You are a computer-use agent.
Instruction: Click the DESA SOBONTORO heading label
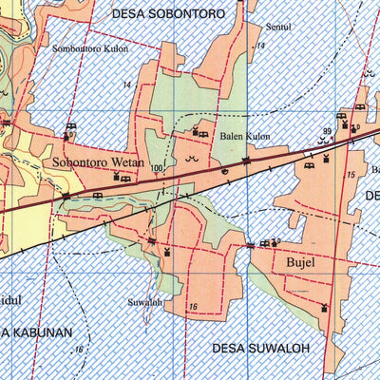pyautogui.click(x=166, y=14)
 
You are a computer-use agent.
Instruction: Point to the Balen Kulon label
pyautogui.click(x=245, y=137)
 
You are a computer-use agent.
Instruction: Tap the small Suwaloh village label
pyautogui.click(x=145, y=303)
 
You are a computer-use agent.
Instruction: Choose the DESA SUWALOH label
pyautogui.click(x=261, y=348)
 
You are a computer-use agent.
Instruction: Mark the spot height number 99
pyautogui.click(x=328, y=131)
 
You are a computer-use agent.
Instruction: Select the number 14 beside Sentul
pyautogui.click(x=259, y=46)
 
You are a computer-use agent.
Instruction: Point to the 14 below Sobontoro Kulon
pyautogui.click(x=126, y=85)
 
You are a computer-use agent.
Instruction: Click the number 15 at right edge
pyautogui.click(x=351, y=177)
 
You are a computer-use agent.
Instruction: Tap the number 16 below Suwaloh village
pyautogui.click(x=192, y=307)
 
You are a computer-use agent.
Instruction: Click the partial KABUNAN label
pyautogui.click(x=36, y=332)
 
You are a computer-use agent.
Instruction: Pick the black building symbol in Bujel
pyautogui.click(x=326, y=308)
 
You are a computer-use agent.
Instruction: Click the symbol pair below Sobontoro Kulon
pyautogui.click(x=69, y=130)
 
